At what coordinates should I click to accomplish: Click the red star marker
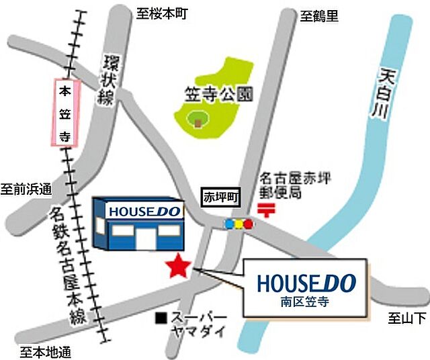click(x=178, y=266)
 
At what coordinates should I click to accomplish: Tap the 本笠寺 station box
click(x=65, y=113)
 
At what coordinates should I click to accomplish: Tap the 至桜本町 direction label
click(x=161, y=13)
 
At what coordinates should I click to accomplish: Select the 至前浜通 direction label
click(x=26, y=189)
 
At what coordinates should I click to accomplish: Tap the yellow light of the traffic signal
click(x=239, y=224)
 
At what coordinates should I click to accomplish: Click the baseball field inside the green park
click(x=197, y=122)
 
